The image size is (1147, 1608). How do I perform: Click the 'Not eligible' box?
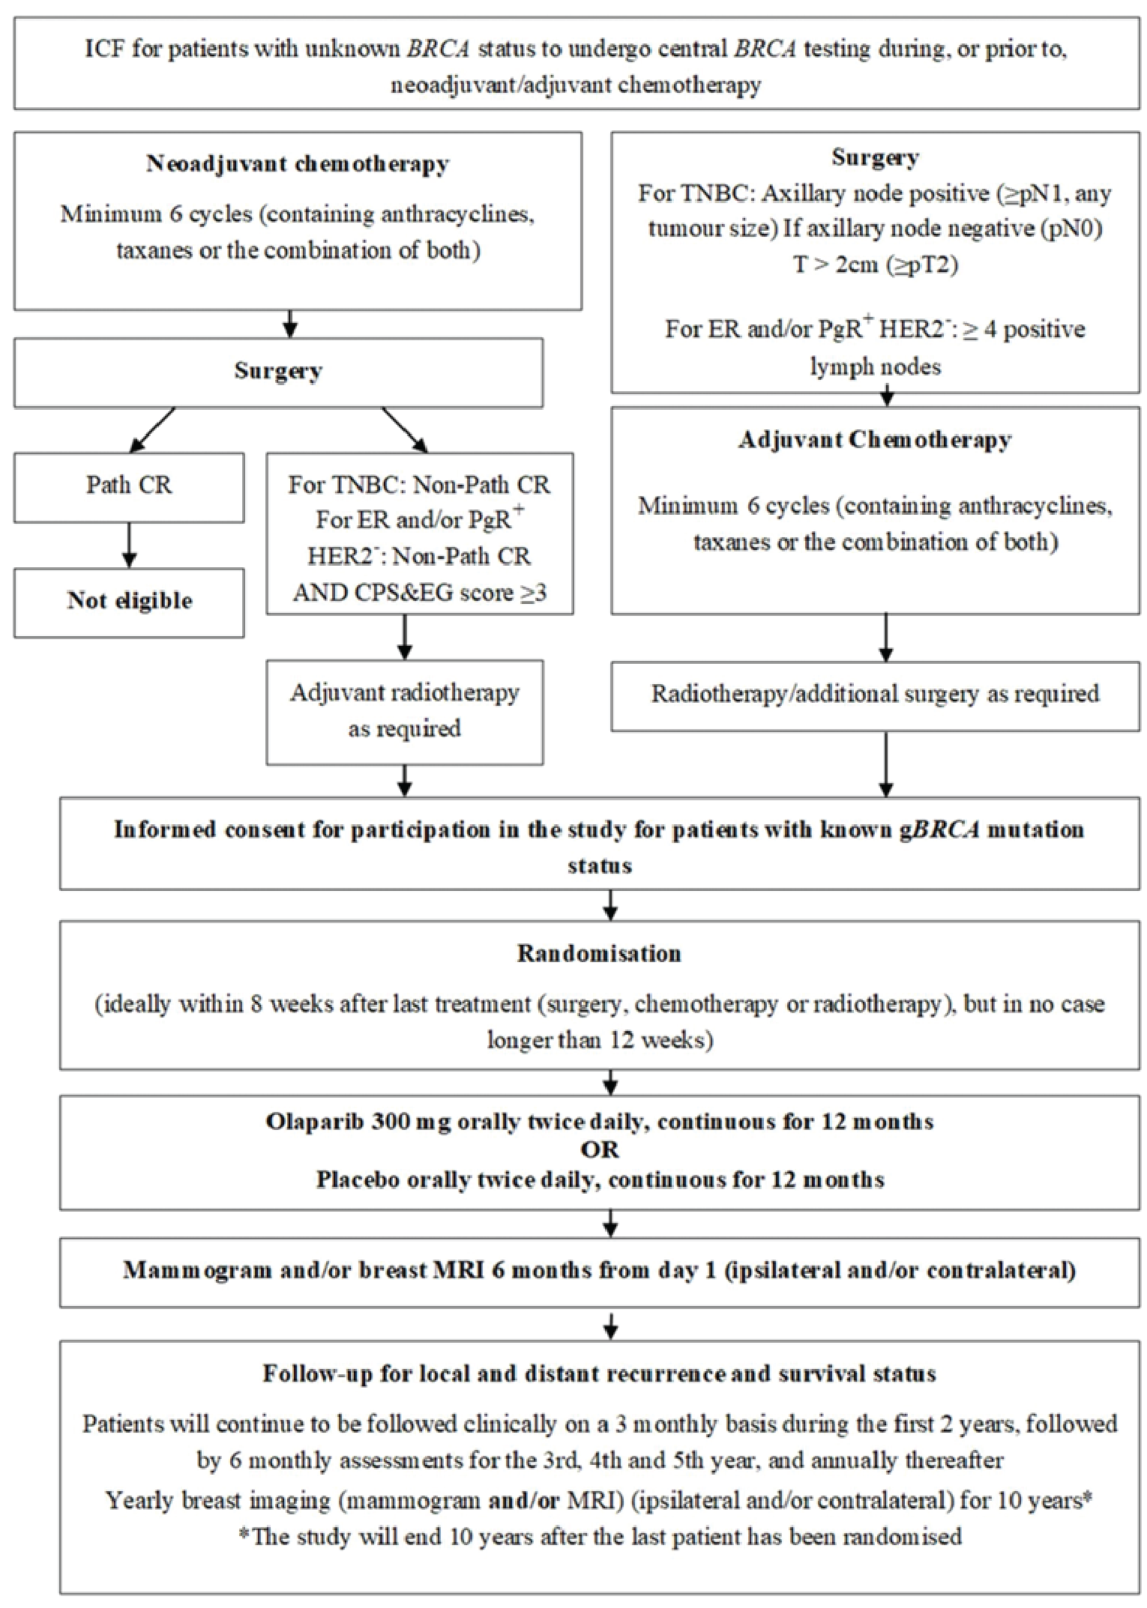129,602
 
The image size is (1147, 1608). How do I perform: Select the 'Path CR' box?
129,486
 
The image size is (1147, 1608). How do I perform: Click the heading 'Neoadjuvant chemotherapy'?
298,164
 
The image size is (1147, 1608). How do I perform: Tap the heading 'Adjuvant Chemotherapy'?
875,440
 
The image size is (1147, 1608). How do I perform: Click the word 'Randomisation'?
599,954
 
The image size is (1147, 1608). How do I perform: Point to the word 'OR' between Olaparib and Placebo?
599,1150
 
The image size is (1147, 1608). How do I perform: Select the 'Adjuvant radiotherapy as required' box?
405,711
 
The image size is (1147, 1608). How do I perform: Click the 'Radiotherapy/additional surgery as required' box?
875,695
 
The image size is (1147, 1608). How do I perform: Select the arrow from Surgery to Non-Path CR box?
405,430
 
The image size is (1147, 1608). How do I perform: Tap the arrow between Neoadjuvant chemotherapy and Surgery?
291,324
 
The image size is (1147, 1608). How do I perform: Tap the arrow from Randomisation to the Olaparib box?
610,1083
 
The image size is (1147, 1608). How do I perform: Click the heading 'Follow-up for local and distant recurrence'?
599,1374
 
